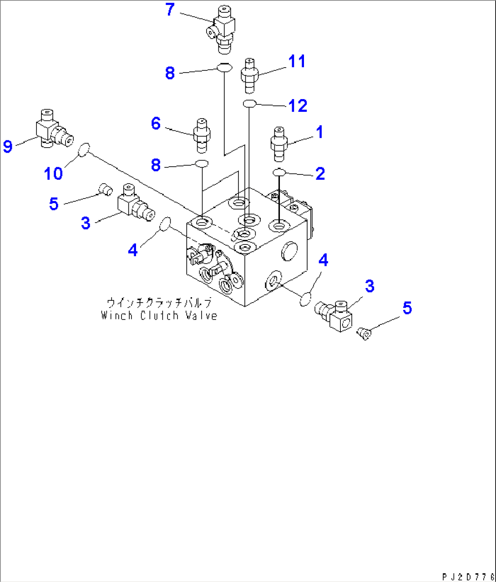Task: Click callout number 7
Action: [170, 10]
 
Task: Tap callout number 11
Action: [297, 61]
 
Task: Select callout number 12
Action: [298, 105]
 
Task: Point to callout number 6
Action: [156, 123]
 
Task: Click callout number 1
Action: [319, 132]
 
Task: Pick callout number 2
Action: [320, 173]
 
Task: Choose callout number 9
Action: [8, 146]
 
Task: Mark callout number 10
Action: [53, 173]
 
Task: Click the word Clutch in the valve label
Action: [159, 315]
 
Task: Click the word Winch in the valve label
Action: [117, 315]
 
